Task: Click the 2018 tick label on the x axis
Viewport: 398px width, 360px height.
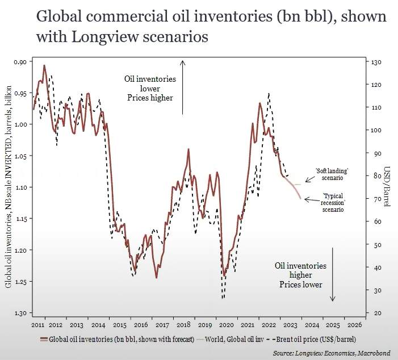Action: [x=183, y=325]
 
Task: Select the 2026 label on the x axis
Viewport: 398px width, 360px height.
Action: [x=353, y=325]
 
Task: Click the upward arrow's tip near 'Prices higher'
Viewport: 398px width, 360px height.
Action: [x=183, y=61]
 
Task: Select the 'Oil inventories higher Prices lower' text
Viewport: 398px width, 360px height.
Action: [x=300, y=275]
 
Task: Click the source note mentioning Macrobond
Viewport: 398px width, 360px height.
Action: [x=331, y=353]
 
